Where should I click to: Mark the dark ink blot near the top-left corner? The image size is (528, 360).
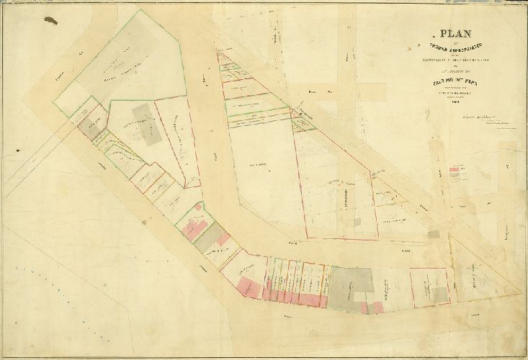pyautogui.click(x=52, y=20)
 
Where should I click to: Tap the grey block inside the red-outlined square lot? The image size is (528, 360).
pyautogui.click(x=437, y=294)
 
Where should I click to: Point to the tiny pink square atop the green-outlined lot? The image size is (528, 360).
pyautogui.click(x=197, y=207)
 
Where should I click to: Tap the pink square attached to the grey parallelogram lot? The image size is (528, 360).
pyautogui.click(x=224, y=238)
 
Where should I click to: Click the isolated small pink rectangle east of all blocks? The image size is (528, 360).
pyautogui.click(x=454, y=172)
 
